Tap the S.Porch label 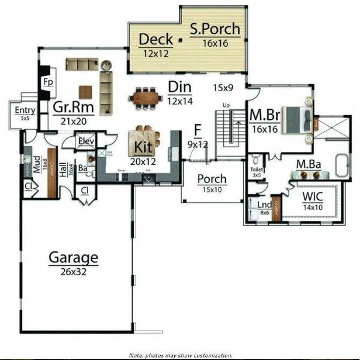click(215, 29)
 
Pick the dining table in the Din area click(145, 97)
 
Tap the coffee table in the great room click(86, 91)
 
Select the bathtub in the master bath click(342, 165)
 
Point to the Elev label click(86, 142)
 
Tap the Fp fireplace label click(46, 82)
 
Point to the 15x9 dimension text click(224, 88)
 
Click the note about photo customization click(180, 355)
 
